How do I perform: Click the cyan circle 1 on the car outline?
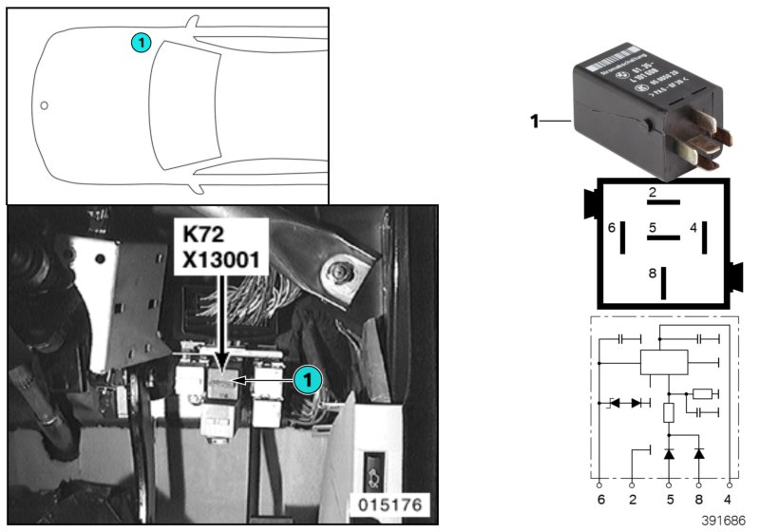[141, 42]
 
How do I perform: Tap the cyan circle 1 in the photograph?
[305, 379]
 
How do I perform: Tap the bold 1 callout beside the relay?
[534, 121]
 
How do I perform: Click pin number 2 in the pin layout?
[653, 193]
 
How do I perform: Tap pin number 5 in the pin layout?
[653, 228]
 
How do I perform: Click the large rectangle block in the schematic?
[663, 362]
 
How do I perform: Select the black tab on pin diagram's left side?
[590, 202]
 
